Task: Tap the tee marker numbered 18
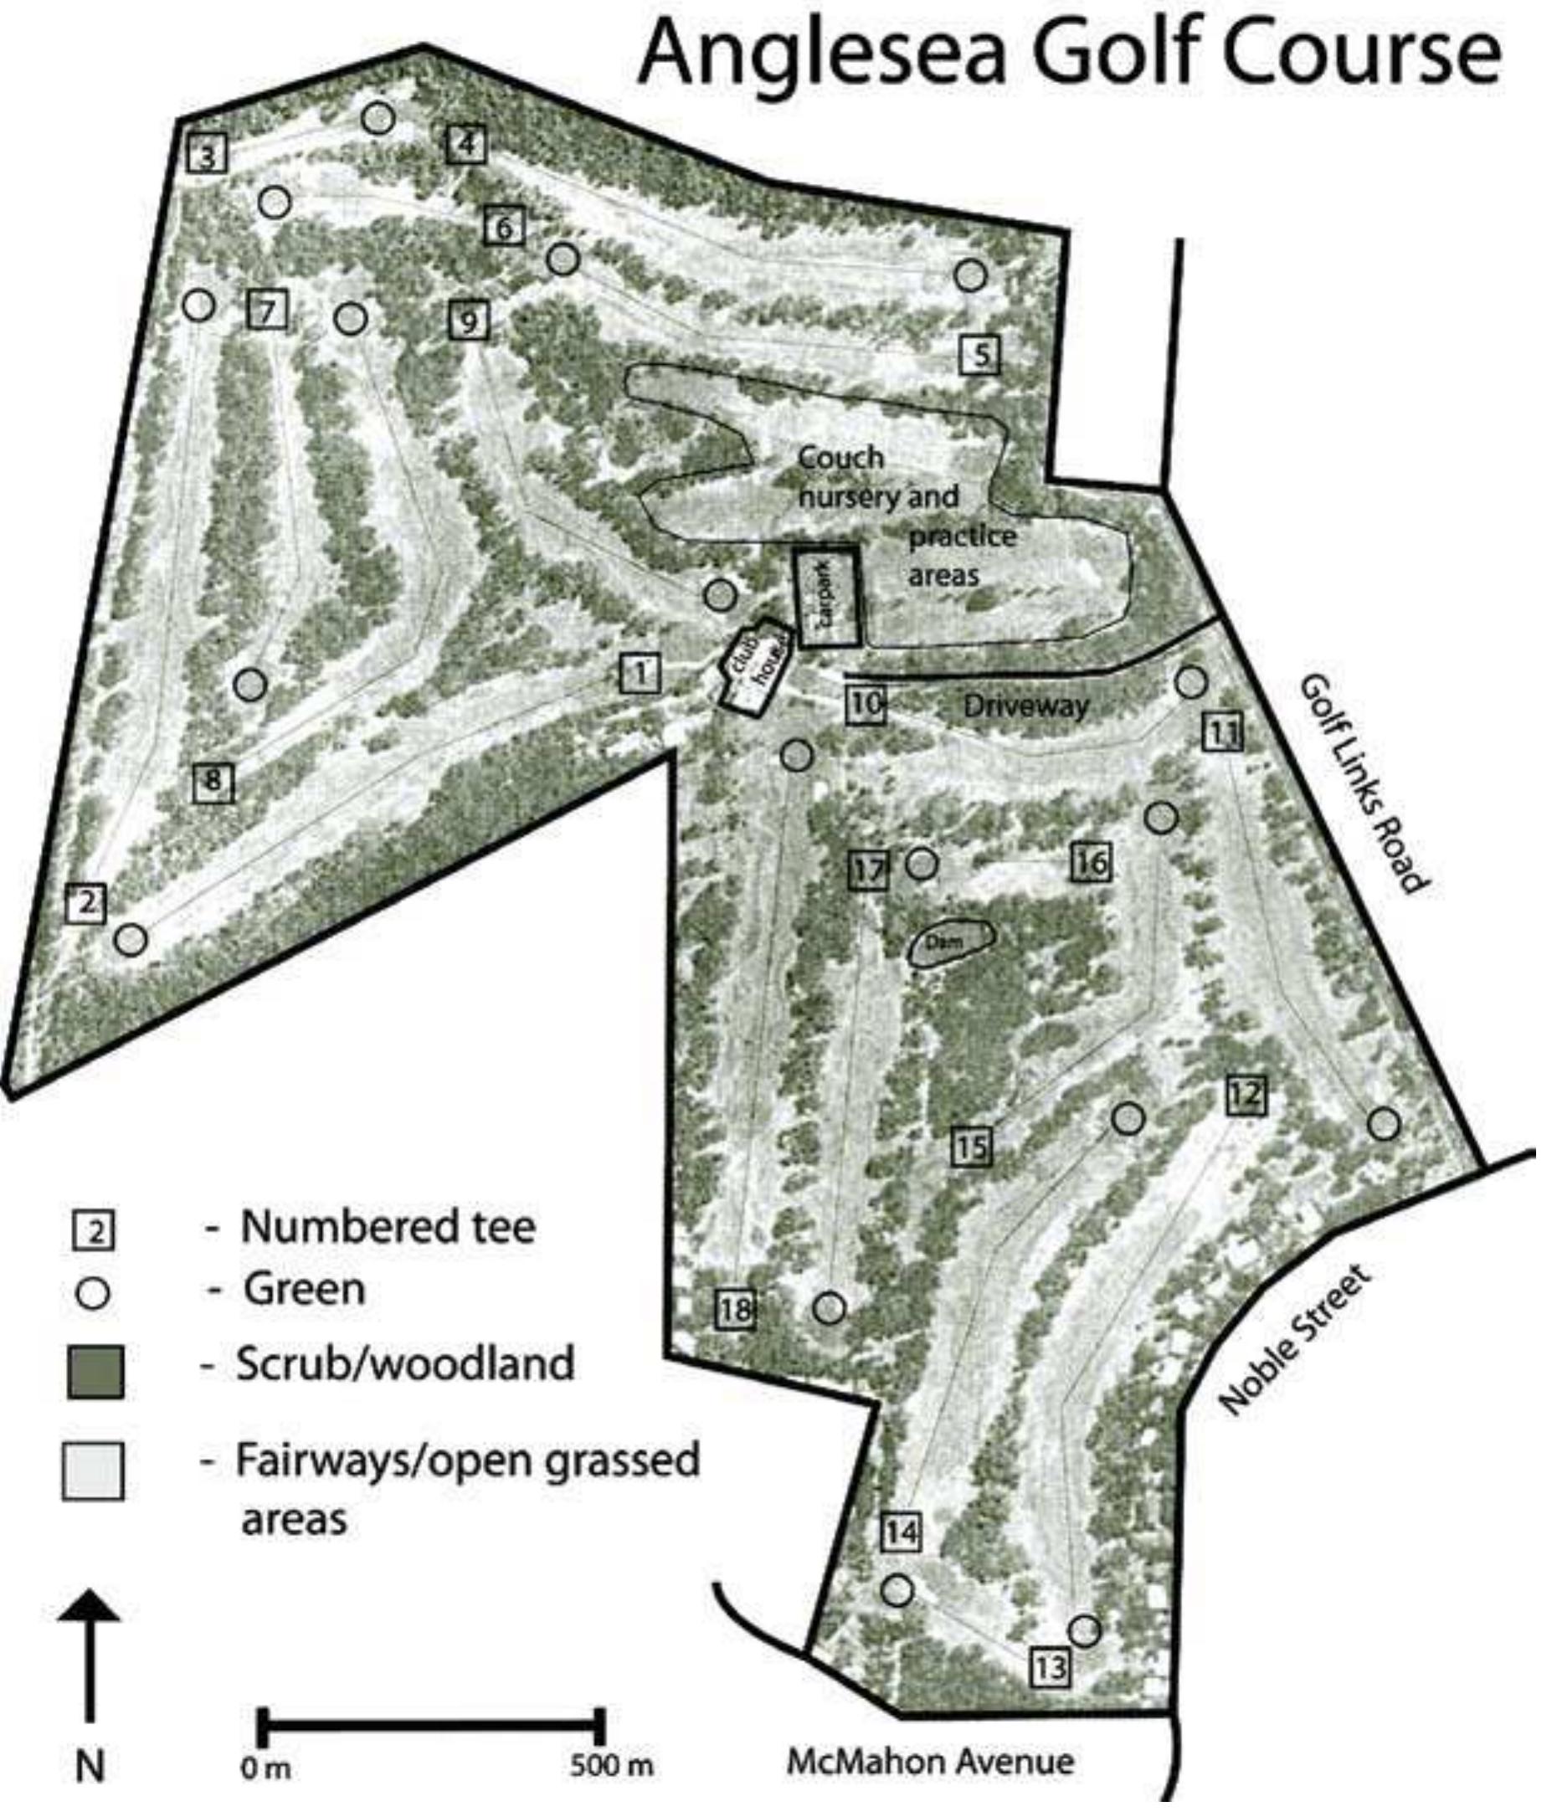(735, 1309)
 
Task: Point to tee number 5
(979, 354)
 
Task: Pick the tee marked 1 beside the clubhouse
(640, 673)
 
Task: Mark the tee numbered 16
(1091, 863)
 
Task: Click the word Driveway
(1025, 705)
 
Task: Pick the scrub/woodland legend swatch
(95, 1372)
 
